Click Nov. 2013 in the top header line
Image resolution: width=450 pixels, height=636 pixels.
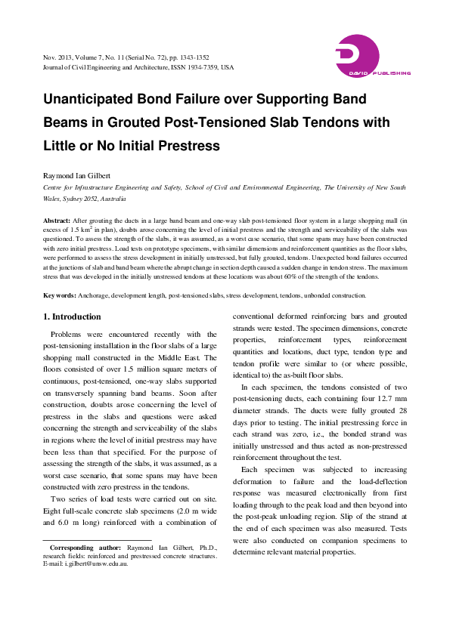click(60, 57)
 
